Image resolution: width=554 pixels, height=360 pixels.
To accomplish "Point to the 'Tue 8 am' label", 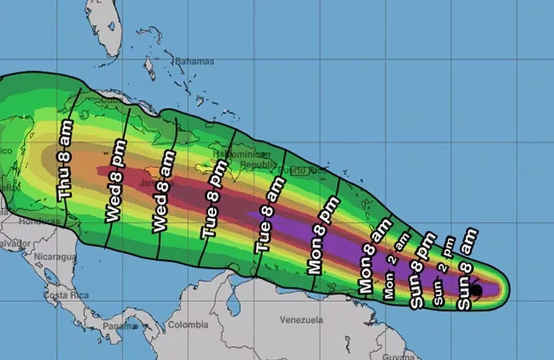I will coord(266,214).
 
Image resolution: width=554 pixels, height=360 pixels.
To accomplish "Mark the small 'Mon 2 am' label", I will coord(397,265).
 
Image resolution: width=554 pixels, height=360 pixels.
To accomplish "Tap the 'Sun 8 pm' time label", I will coord(423,270).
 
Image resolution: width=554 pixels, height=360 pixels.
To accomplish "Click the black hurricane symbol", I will coord(476,290).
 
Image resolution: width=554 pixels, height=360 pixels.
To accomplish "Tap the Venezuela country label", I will coord(301,319).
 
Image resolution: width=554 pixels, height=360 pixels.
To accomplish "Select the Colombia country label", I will coord(187,325).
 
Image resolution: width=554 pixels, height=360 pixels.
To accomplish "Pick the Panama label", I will coord(114,326).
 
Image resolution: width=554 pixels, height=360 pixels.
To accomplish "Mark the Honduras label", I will coord(39,222).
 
